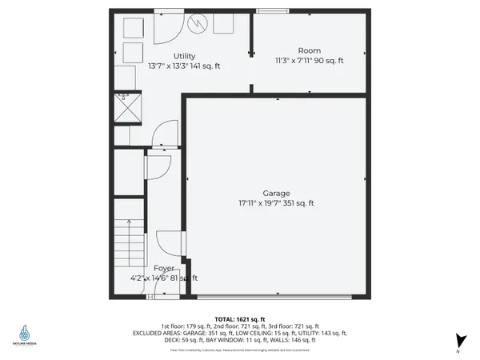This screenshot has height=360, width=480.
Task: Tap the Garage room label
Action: coord(276,193)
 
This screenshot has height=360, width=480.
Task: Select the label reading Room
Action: coord(309,50)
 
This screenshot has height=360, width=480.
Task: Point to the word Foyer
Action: coord(164,268)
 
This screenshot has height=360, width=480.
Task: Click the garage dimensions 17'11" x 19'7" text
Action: coord(276,203)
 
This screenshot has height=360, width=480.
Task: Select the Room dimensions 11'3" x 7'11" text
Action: coord(309,60)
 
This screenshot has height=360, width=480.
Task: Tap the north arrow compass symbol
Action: coord(458,341)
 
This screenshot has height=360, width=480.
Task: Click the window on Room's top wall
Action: coord(274,10)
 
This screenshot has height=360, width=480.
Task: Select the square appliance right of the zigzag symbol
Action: coord(223,25)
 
